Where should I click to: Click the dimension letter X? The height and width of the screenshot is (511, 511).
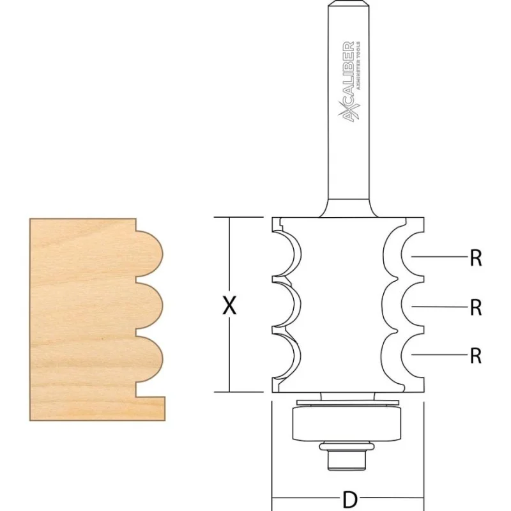[229, 305]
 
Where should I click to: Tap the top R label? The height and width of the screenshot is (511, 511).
[475, 258]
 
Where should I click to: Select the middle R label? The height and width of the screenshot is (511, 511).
[475, 307]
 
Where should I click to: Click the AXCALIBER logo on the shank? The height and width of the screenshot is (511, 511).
[351, 82]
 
